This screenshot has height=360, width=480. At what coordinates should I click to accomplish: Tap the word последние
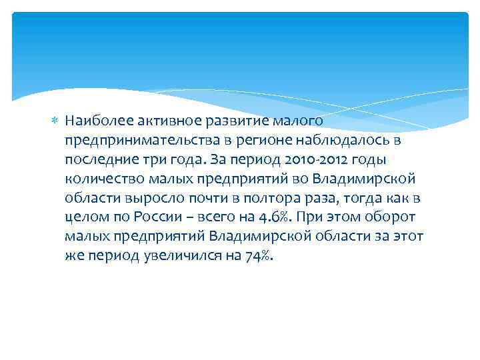(97, 159)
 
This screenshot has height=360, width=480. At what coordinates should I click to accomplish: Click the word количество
(100, 179)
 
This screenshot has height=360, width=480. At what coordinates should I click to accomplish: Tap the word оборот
(395, 217)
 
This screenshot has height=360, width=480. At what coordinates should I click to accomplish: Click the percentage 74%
(257, 256)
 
